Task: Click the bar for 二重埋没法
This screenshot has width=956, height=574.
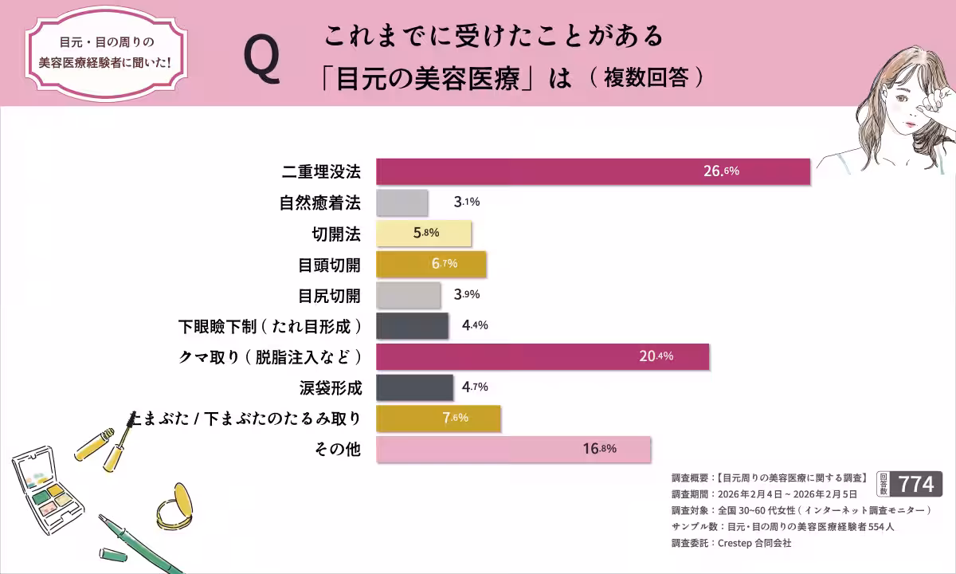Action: click(x=593, y=171)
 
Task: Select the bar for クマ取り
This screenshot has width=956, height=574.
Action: click(x=542, y=356)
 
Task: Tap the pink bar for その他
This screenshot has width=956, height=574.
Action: click(x=513, y=449)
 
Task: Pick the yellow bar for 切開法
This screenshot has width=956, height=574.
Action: click(x=423, y=234)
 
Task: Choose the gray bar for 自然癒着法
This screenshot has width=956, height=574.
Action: click(x=402, y=202)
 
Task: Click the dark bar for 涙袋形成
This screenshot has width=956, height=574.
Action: click(x=413, y=387)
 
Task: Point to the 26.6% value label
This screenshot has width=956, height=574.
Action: click(x=721, y=171)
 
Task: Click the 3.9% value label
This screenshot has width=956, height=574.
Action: click(x=466, y=295)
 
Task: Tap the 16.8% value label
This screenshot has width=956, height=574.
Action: click(x=599, y=449)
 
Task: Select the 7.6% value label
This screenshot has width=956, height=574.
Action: click(x=455, y=418)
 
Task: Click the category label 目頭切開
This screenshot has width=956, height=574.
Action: click(x=329, y=265)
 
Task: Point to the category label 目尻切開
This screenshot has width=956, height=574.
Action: click(x=329, y=296)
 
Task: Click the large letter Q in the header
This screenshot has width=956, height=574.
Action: click(x=262, y=61)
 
